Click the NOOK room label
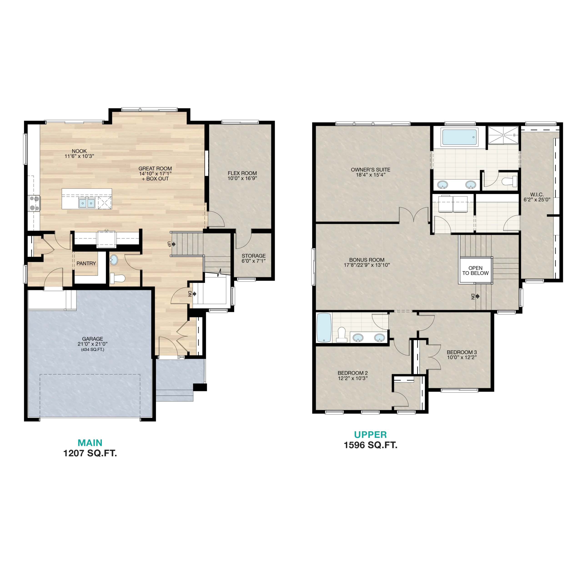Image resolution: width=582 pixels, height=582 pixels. [x=79, y=151]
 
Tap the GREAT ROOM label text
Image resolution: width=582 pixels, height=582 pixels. [x=155, y=169]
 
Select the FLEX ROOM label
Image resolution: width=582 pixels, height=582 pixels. [x=242, y=173]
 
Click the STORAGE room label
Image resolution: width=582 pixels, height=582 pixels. [x=254, y=256]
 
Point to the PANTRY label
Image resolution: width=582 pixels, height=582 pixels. [x=86, y=263]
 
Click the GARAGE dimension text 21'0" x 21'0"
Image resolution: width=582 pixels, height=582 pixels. [x=93, y=344]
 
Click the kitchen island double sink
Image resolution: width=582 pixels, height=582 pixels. [x=87, y=203]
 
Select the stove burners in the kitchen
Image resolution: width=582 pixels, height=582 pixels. [x=34, y=203]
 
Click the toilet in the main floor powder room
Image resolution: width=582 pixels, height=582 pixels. [x=117, y=278]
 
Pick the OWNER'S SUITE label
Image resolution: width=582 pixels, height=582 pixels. [x=371, y=170]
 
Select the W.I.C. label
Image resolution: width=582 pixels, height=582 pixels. [x=537, y=195]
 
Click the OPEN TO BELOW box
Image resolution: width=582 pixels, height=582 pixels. [x=475, y=270]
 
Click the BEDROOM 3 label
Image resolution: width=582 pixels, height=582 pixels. [x=462, y=352]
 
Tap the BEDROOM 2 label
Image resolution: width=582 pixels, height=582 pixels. [x=353, y=373]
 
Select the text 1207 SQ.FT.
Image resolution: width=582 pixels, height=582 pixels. [x=90, y=453]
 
